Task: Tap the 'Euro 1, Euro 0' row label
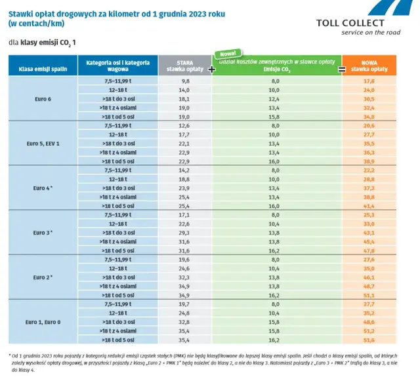(x=43, y=322)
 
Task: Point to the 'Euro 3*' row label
(x=43, y=232)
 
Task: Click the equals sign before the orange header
(x=341, y=68)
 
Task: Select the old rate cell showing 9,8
(x=184, y=81)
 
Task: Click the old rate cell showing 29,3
(x=184, y=232)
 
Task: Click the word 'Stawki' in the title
(x=21, y=9)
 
